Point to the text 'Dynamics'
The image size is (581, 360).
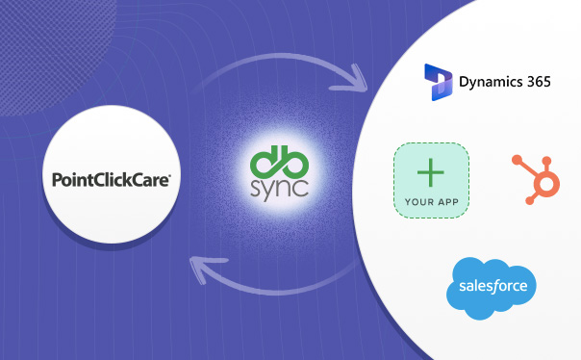click(490, 82)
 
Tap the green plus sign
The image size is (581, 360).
click(431, 174)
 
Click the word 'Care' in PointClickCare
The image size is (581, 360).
click(153, 179)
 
